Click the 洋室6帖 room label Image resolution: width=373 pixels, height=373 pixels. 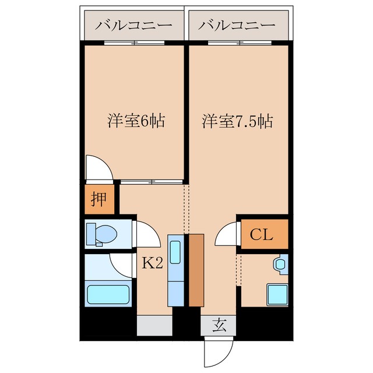coord(135,121)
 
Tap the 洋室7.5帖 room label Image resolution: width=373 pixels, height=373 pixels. coord(238,121)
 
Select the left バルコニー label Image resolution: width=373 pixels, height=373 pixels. coord(133,26)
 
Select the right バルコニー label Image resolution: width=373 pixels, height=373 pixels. coord(236,26)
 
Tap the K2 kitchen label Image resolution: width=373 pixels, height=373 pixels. coord(152,263)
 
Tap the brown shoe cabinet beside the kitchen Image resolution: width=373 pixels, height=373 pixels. coord(196,270)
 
